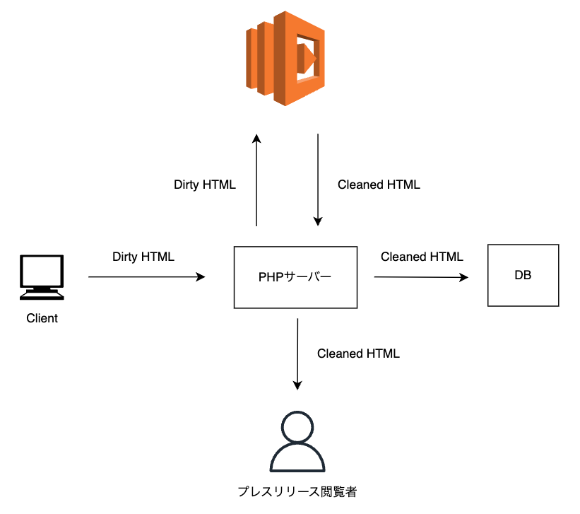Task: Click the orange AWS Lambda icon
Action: tap(285, 58)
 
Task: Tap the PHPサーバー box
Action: tap(295, 277)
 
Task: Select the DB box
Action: tap(523, 275)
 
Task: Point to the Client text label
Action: tap(42, 318)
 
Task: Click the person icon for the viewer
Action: tap(297, 443)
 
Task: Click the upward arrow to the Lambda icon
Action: tap(256, 180)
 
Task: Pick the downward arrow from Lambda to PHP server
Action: tap(318, 180)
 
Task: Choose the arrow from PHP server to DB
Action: tap(421, 277)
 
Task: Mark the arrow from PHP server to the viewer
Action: tap(297, 354)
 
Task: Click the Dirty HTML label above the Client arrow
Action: tap(143, 257)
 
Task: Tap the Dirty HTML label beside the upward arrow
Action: tap(205, 185)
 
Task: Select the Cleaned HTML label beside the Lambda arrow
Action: tap(379, 185)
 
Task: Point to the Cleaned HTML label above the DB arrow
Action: tap(422, 257)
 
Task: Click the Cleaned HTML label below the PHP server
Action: tap(358, 354)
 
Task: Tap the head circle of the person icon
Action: tap(297, 427)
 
